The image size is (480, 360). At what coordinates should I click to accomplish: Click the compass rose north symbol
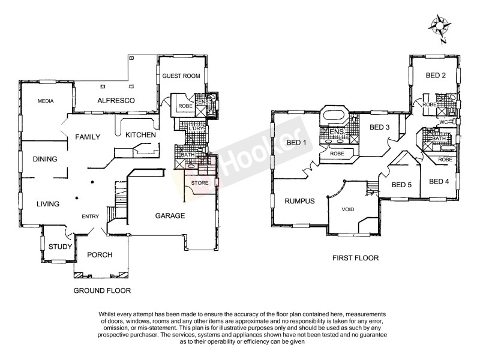(x=440, y=26)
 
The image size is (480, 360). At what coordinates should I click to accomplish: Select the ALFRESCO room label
(x=116, y=100)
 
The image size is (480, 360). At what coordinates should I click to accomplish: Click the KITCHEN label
(x=140, y=135)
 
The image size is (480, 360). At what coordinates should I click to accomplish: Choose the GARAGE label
(x=170, y=216)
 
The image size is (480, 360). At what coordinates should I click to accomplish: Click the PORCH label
(x=100, y=255)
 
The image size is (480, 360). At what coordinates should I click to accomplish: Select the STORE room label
(x=199, y=182)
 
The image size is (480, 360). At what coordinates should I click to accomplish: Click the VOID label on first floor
(x=347, y=211)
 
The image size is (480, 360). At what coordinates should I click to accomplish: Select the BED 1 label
(x=297, y=142)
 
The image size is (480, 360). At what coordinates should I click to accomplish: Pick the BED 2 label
(x=436, y=76)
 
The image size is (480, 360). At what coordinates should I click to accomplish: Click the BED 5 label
(x=401, y=185)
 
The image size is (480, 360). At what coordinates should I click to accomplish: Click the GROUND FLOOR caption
(x=101, y=290)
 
